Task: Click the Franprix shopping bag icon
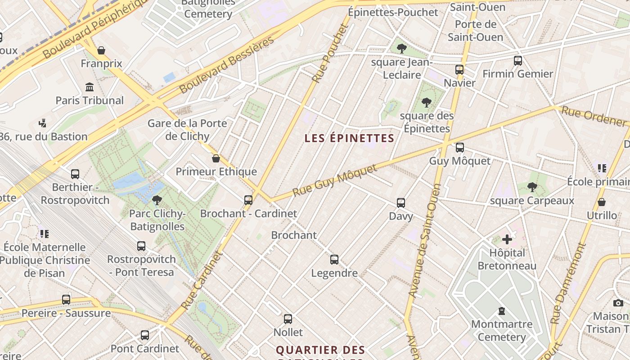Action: coord(101,50)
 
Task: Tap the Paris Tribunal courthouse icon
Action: coord(90,87)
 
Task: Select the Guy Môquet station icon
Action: coord(459,148)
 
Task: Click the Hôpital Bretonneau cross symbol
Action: coord(507,239)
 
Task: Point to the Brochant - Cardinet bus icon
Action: coord(248,200)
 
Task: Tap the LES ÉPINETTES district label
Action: coord(349,138)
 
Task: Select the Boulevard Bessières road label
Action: coord(227,65)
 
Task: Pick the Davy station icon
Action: coord(401,203)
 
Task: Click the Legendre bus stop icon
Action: coord(334,260)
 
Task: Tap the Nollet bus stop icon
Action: coord(288,319)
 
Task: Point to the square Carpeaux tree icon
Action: coord(532,187)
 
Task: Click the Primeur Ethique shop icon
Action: coord(216,158)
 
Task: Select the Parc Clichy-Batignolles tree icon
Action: coord(157,200)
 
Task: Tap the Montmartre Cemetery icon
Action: coord(502,311)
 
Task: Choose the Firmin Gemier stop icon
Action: coord(517,60)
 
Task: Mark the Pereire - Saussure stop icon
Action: coord(66,300)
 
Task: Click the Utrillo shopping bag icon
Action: coord(602,202)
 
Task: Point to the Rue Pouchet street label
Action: coord(331,53)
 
